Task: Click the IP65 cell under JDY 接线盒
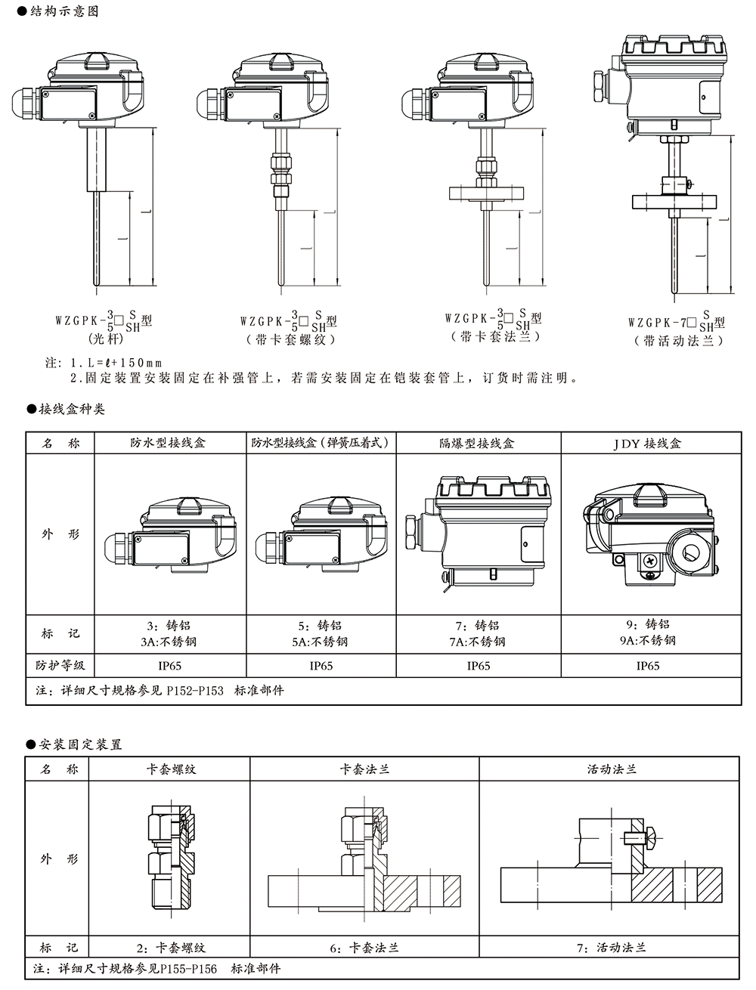(x=648, y=666)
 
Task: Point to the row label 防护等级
(x=60, y=666)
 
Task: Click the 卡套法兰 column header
(x=365, y=769)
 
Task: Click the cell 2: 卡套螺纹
(x=171, y=947)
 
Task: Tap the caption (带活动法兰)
(x=680, y=341)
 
